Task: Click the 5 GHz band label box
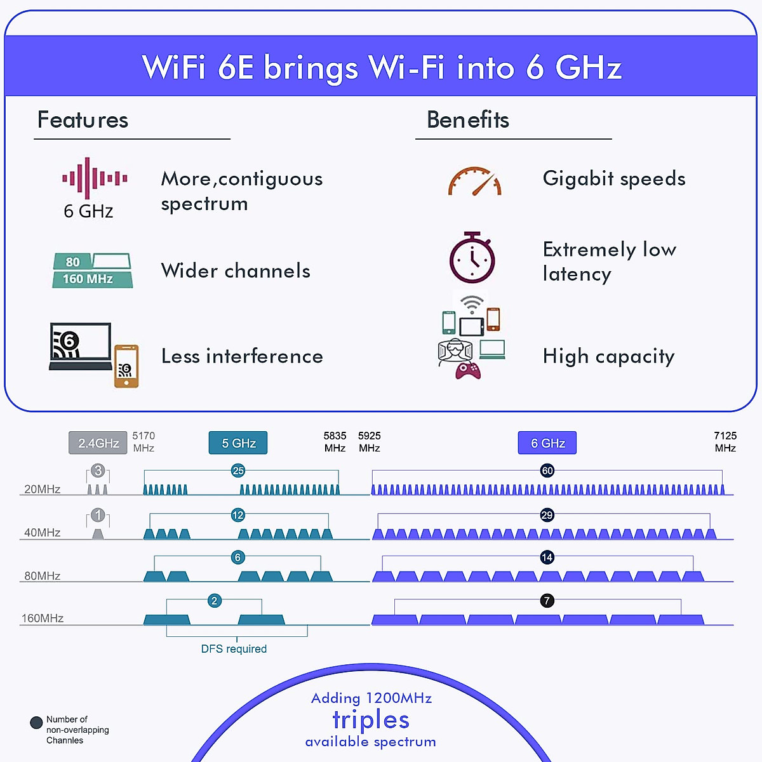click(x=238, y=443)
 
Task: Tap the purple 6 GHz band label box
click(x=547, y=443)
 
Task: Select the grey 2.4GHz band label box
click(x=98, y=443)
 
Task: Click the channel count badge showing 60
click(x=547, y=471)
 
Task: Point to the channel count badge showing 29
click(x=547, y=515)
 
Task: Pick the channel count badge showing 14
click(x=547, y=558)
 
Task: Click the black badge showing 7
click(x=547, y=601)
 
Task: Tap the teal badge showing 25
click(x=238, y=471)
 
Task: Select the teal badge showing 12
click(x=238, y=515)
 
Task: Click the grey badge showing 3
click(x=98, y=471)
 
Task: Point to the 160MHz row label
click(x=43, y=618)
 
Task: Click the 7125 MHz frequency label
click(x=725, y=442)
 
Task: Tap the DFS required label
click(x=234, y=649)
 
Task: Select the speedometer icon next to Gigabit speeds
click(x=475, y=182)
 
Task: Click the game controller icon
click(x=469, y=370)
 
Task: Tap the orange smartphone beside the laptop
click(x=126, y=366)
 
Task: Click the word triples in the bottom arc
click(x=371, y=720)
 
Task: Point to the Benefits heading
click(x=468, y=120)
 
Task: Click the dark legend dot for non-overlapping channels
click(x=36, y=723)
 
